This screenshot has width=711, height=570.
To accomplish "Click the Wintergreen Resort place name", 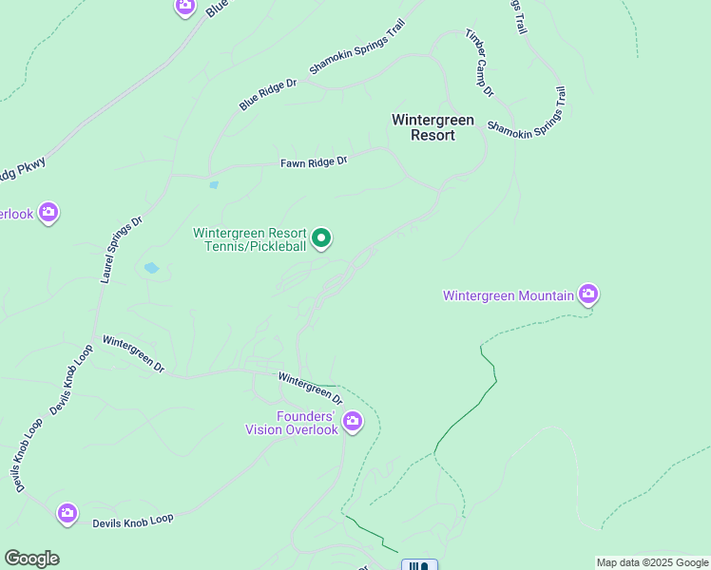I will pyautogui.click(x=424, y=127).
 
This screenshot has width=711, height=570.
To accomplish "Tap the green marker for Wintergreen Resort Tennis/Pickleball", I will pyautogui.click(x=321, y=237).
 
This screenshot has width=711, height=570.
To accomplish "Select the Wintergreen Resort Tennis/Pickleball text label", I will pyautogui.click(x=250, y=239).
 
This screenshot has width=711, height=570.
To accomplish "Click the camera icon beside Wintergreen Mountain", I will pyautogui.click(x=588, y=294).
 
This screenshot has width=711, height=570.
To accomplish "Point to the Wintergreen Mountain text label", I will pyautogui.click(x=509, y=295).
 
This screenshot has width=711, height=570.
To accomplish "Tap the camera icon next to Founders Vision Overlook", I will pyautogui.click(x=353, y=420).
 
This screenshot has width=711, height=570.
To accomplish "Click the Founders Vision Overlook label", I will pyautogui.click(x=292, y=423).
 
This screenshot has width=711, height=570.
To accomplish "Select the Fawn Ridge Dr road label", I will pyautogui.click(x=314, y=162).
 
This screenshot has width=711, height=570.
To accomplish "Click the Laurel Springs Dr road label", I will pyautogui.click(x=121, y=249).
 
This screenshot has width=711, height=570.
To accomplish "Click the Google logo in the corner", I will pyautogui.click(x=31, y=559).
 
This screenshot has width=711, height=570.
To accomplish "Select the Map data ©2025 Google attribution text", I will pyautogui.click(x=652, y=562).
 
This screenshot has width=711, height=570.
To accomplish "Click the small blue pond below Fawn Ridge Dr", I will pyautogui.click(x=214, y=185).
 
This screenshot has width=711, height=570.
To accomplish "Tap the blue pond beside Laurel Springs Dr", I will pyautogui.click(x=151, y=269).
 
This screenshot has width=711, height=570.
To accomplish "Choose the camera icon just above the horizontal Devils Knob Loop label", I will pyautogui.click(x=67, y=514).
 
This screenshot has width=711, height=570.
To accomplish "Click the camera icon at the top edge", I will pyautogui.click(x=185, y=6).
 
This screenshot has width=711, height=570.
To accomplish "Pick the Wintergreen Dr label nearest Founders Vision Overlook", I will pyautogui.click(x=310, y=388).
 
